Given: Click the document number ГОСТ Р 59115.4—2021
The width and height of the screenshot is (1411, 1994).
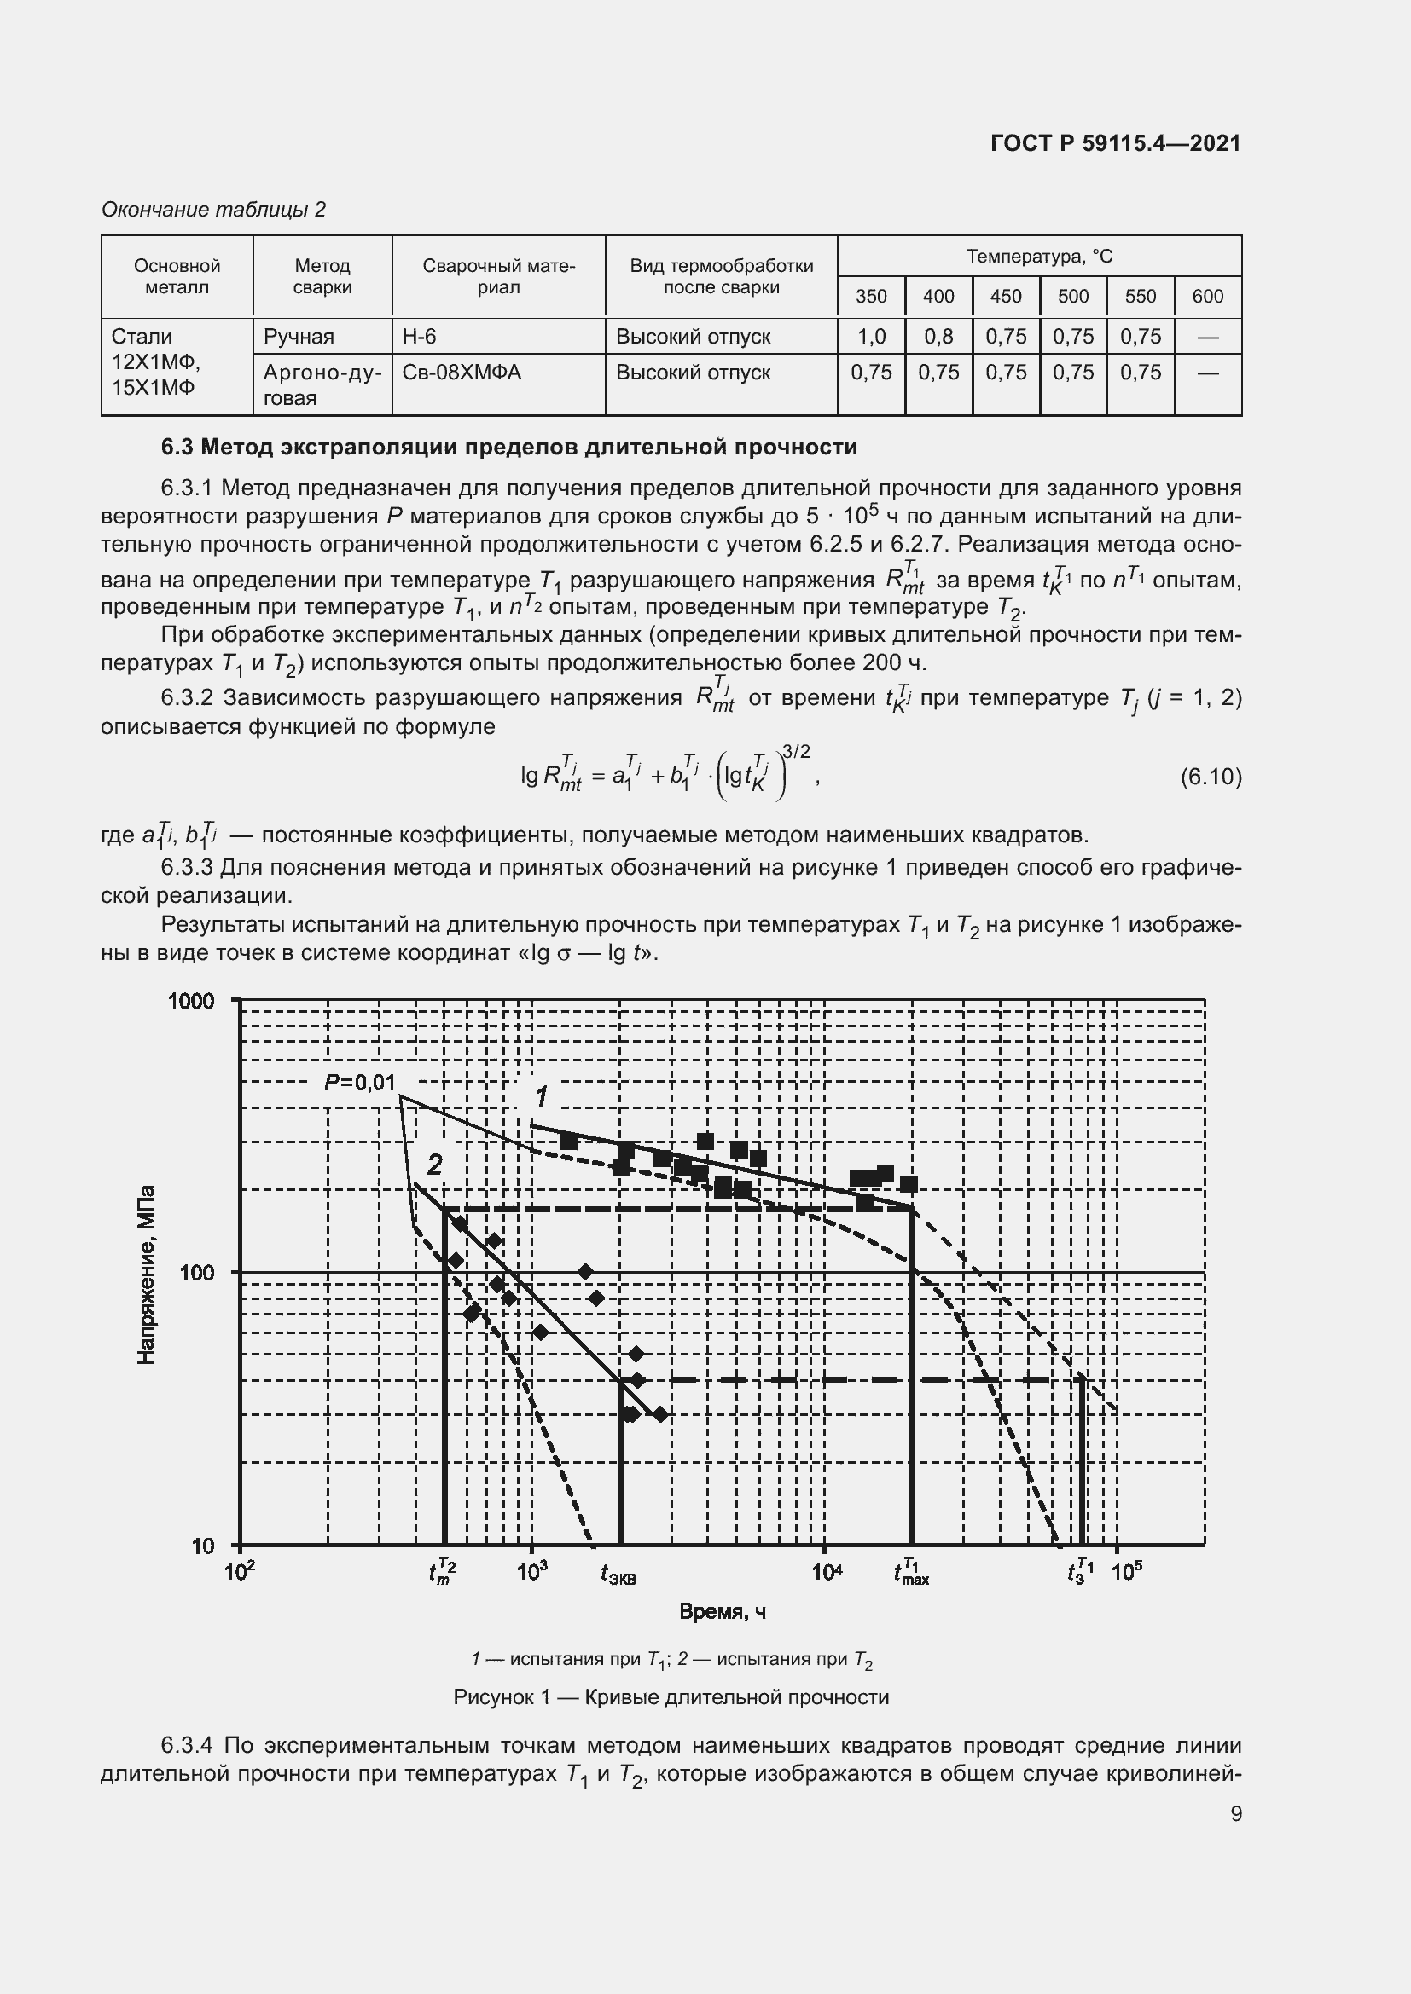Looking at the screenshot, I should [1115, 143].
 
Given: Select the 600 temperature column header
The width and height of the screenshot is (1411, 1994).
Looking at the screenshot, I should [1207, 296].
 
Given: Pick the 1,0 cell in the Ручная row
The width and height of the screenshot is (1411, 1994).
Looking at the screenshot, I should [871, 336].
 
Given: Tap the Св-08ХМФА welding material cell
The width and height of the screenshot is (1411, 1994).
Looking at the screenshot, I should [462, 373].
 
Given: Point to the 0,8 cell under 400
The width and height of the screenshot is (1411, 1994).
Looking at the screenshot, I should [938, 336].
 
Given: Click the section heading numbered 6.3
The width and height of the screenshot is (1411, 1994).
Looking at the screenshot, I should [509, 448].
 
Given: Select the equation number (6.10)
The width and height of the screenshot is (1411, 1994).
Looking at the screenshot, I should [1211, 776].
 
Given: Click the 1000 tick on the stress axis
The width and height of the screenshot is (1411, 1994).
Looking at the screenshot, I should [191, 1002].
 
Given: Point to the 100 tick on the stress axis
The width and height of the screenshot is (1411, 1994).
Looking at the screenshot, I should [196, 1273].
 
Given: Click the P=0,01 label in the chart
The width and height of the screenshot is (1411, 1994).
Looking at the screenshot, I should [360, 1082].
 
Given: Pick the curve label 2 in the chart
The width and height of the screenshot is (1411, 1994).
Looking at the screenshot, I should [434, 1164].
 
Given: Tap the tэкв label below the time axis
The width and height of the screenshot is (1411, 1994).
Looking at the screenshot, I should [618, 1574].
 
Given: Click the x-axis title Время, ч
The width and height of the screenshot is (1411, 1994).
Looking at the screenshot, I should [722, 1612].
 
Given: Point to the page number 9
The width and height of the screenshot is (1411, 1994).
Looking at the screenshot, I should [1235, 1813].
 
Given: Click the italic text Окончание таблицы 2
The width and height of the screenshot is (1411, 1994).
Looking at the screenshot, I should [214, 210].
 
